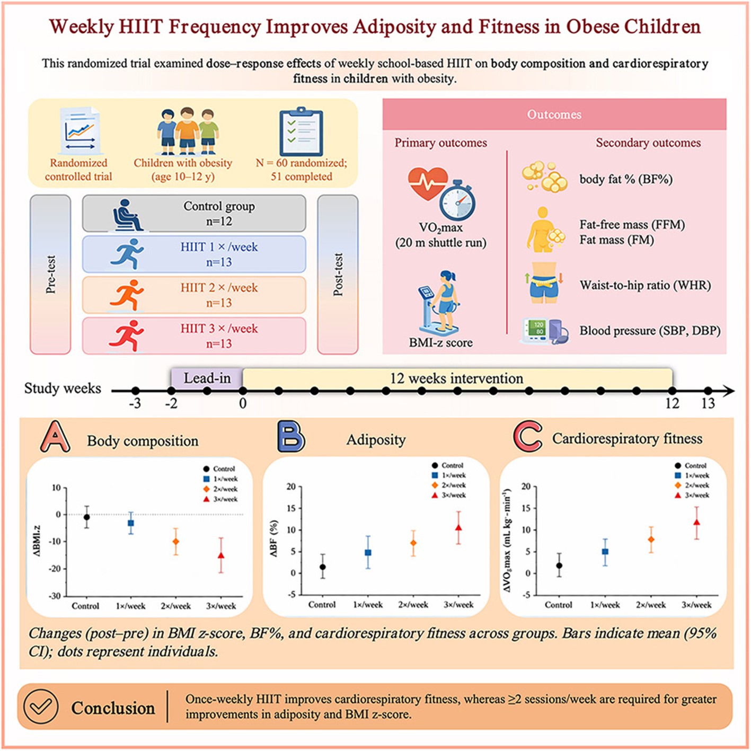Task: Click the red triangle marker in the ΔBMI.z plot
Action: point(221,555)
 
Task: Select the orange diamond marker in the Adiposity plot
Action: point(413,543)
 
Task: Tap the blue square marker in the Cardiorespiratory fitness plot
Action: point(605,552)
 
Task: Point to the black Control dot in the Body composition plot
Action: point(86,517)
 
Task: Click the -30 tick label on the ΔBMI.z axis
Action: point(54,596)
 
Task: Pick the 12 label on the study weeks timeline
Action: point(672,403)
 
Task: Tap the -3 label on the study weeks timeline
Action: point(135,403)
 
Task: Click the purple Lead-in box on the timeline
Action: point(207,378)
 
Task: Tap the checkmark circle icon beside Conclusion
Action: point(41,706)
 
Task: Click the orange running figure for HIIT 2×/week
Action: point(127,295)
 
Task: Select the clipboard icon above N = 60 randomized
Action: point(301,131)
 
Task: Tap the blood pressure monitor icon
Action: point(544,331)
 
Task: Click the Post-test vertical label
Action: point(338,275)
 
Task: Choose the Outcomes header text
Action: point(554,114)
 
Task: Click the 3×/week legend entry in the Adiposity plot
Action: point(449,496)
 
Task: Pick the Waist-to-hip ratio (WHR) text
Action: point(645,285)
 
